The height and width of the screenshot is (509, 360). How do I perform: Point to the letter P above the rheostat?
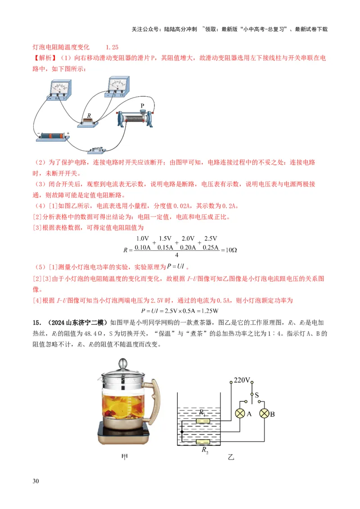click(x=142, y=106)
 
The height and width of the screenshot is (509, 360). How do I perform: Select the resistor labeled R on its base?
click(x=88, y=121)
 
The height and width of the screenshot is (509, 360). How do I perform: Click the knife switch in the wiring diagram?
click(x=98, y=151)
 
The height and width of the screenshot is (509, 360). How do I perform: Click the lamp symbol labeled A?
click(x=241, y=414)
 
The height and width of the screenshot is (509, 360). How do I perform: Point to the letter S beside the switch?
click(x=257, y=395)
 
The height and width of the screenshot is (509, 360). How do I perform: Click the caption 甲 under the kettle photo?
click(x=126, y=458)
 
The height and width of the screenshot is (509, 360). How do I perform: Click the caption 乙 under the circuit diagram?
click(x=231, y=458)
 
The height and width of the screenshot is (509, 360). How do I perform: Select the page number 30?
click(x=36, y=482)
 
